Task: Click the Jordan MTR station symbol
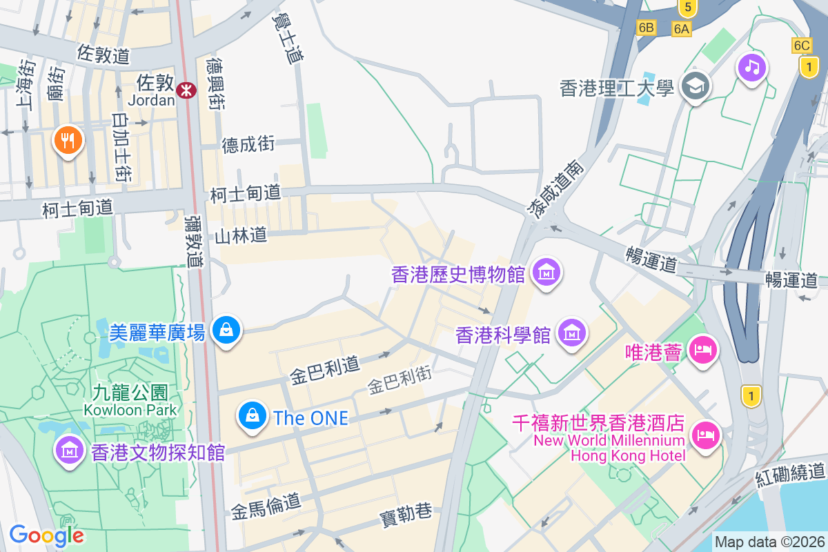click(185, 90)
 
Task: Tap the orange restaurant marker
click(67, 141)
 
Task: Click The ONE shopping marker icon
click(253, 415)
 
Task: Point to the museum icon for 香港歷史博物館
click(546, 273)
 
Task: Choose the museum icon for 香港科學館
click(572, 333)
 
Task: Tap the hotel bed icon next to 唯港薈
click(702, 351)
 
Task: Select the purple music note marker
click(751, 67)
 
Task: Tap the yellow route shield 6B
click(646, 28)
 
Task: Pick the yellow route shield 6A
click(682, 28)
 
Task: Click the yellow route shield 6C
click(802, 46)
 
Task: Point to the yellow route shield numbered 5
click(686, 8)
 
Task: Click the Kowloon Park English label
click(130, 409)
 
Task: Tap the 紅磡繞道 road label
click(790, 473)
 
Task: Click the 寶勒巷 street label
click(406, 514)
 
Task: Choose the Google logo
click(47, 535)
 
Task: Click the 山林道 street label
click(241, 236)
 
